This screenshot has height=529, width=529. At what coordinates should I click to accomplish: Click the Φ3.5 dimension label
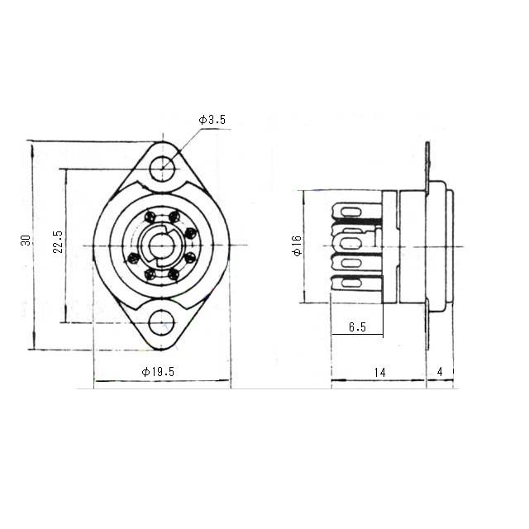212,120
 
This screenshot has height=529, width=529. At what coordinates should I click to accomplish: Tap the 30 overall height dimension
26,241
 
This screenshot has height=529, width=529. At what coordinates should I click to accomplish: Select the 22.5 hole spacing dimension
58,241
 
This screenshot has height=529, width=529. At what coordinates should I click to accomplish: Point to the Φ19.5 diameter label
158,372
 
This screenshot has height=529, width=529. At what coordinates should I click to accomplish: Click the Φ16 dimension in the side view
298,245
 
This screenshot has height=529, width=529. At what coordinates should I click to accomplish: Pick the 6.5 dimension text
357,327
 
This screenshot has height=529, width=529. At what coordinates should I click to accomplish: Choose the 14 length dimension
379,373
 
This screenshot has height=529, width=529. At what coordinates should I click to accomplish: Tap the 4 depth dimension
440,372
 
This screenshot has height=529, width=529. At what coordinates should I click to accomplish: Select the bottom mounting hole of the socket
162,323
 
